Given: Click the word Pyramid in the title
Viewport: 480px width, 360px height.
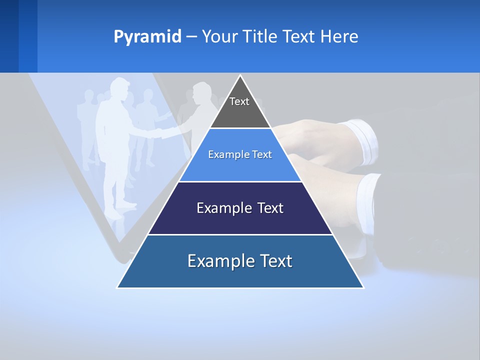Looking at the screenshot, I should (147, 37).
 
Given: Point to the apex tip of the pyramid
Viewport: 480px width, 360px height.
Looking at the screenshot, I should (240, 76).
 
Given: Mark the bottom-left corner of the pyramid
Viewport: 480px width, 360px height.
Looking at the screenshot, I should (118, 287).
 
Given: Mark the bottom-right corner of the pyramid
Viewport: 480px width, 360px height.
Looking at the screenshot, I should (362, 287).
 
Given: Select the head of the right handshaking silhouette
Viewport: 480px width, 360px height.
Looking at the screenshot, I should (201, 92).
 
